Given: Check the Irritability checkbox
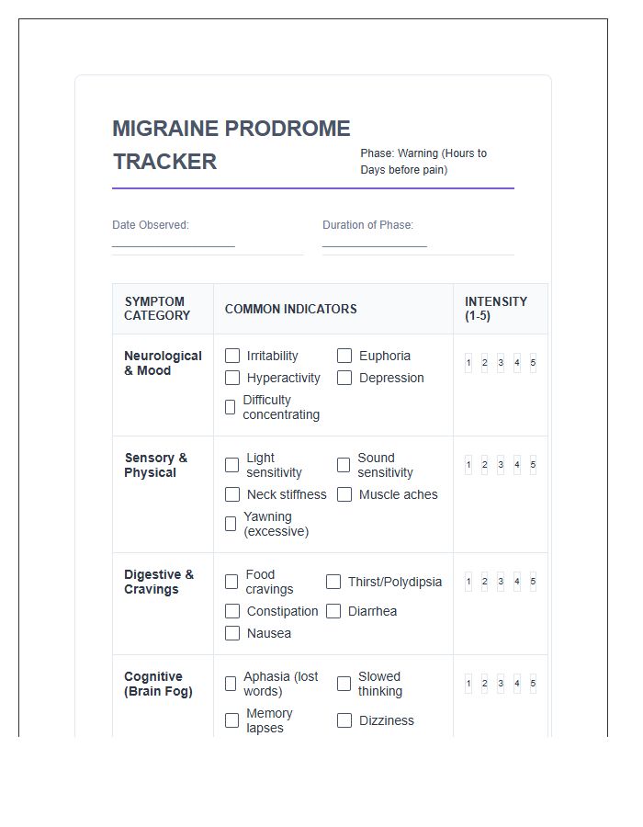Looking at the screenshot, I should click(x=232, y=356).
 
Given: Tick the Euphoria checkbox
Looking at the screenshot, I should click(x=344, y=356).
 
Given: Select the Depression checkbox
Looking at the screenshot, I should click(x=344, y=378).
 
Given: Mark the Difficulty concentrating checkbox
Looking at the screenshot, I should click(x=231, y=407).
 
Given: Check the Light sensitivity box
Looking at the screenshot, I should click(x=232, y=465).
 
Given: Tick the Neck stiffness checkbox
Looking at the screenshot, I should click(x=232, y=494).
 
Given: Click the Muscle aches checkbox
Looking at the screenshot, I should click(x=344, y=494).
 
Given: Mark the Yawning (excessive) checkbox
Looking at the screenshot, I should click(x=231, y=524).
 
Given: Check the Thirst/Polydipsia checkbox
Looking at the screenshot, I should click(x=333, y=582).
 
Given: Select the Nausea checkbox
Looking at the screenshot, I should click(x=232, y=633).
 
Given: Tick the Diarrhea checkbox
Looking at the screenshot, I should click(x=333, y=611).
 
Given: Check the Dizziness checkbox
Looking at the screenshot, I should click(x=344, y=720).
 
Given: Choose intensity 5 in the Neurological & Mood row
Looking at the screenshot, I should click(x=533, y=363).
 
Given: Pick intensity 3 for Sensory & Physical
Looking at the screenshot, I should click(x=501, y=465).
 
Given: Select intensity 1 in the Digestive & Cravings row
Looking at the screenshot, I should click(x=468, y=582).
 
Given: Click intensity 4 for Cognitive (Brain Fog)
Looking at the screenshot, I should click(x=517, y=684).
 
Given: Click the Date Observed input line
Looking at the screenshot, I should click(x=174, y=240).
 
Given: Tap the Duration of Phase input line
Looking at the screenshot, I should click(x=375, y=240).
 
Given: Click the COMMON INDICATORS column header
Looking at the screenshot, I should click(x=290, y=309).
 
